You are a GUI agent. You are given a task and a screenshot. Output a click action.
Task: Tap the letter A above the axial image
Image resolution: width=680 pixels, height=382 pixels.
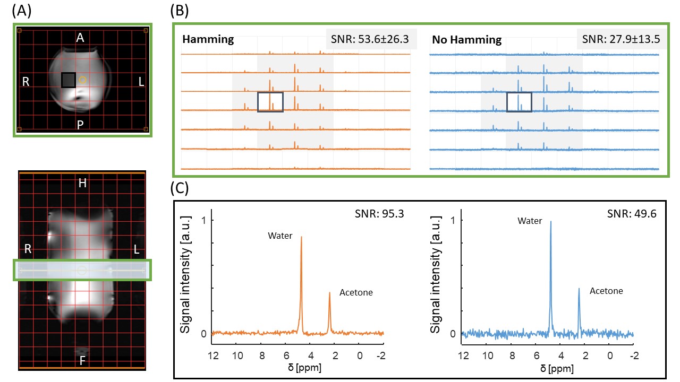80,38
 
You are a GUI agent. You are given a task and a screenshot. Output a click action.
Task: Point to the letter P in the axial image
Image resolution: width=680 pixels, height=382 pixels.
80,125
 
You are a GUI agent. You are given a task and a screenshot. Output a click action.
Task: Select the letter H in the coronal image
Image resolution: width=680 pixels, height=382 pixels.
82,184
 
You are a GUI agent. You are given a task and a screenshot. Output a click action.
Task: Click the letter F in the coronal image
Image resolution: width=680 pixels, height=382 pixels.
82,361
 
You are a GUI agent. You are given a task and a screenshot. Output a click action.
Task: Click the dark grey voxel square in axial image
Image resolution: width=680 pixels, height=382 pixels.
69,80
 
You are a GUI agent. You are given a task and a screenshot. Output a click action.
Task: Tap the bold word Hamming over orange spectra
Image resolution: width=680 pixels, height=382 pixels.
208,39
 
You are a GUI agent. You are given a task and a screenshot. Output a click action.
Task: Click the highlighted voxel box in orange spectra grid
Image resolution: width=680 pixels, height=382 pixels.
270,102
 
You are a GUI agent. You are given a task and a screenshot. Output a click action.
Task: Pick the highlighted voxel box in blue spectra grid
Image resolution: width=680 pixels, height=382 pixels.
519,102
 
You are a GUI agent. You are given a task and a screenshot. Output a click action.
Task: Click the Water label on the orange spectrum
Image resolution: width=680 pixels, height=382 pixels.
279,236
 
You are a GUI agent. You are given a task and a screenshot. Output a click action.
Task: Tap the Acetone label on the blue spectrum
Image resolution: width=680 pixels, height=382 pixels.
606,291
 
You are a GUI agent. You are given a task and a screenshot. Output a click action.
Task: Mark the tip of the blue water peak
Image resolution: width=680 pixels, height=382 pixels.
551,222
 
